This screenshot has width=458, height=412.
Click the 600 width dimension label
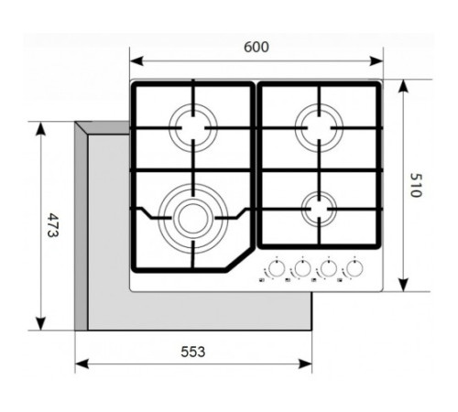point(257,48)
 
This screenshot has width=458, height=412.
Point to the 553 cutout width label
point(192,352)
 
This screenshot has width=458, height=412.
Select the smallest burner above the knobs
point(317,208)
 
